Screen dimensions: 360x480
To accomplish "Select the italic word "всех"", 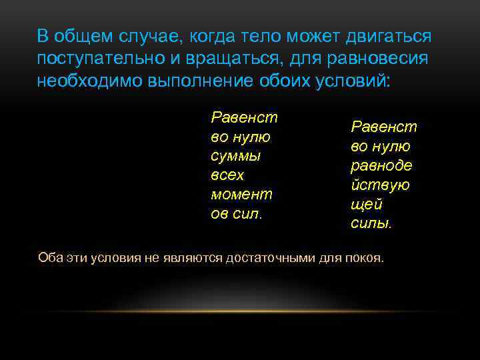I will pyautogui.click(x=227, y=175).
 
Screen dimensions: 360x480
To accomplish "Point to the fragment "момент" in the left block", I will pyautogui.click(x=241, y=195).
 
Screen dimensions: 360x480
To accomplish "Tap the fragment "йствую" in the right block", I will pyautogui.click(x=380, y=185).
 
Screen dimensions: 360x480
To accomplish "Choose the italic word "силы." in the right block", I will pyautogui.click(x=371, y=223).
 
